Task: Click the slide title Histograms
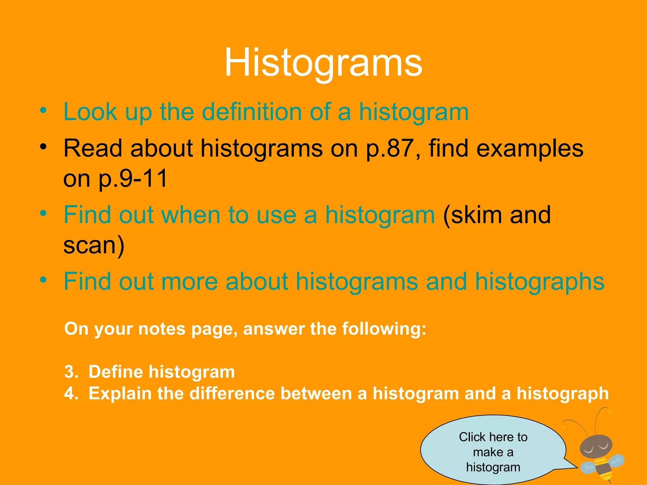(x=323, y=63)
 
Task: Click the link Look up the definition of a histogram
(x=266, y=112)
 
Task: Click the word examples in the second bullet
(x=530, y=148)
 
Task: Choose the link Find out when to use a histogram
(x=249, y=215)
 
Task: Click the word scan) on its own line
(x=94, y=245)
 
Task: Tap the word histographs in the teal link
(x=540, y=281)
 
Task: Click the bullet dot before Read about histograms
(x=43, y=147)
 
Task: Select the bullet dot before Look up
(x=43, y=111)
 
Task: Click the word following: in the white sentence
(x=384, y=329)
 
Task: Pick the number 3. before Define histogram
(x=71, y=372)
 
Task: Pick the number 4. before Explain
(x=71, y=393)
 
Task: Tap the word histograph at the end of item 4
(x=562, y=393)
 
